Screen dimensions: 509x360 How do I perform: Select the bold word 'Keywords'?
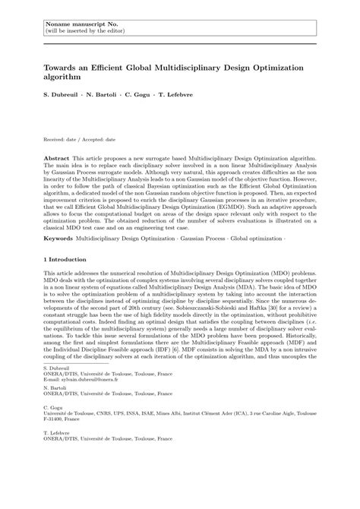click(x=59, y=238)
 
